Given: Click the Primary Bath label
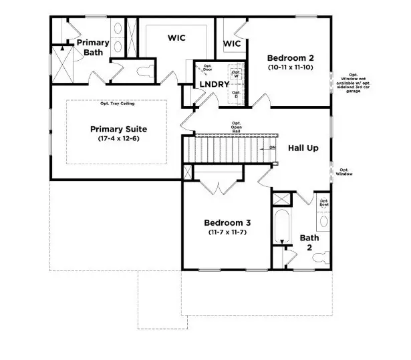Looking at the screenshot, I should (92, 48).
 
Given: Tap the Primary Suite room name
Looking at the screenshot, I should (118, 129).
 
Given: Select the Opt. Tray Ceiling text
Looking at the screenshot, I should (117, 104).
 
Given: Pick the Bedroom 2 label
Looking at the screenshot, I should (290, 57).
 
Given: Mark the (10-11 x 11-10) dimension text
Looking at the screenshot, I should (290, 67).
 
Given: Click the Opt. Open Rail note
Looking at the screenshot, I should (236, 127).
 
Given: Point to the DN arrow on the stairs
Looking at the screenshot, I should (270, 146).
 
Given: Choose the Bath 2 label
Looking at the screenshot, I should (309, 242).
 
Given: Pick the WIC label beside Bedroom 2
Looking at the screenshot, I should (231, 43).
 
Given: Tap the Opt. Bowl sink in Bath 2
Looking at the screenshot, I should (324, 219).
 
